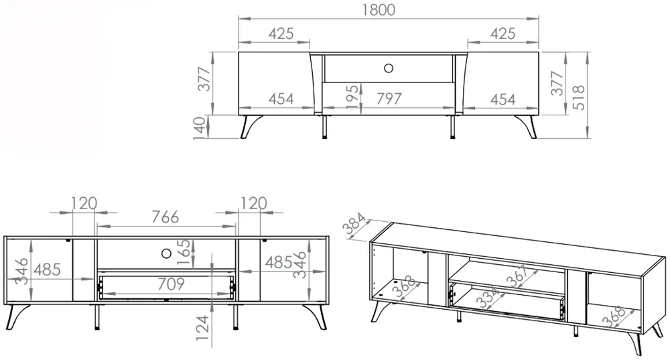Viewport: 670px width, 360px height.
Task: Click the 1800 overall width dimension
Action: click(x=379, y=10)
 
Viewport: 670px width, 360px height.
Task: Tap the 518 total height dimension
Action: click(x=579, y=97)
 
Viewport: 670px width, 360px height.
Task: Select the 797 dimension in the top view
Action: click(x=389, y=99)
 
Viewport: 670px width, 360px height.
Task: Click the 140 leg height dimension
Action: click(x=200, y=128)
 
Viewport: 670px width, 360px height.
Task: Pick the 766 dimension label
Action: click(x=165, y=217)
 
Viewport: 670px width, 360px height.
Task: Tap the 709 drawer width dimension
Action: click(x=171, y=284)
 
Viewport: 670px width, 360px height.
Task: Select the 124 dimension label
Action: click(x=202, y=328)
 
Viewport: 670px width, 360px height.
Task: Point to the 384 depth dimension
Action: click(x=355, y=224)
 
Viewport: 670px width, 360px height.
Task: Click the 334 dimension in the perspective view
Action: click(x=488, y=298)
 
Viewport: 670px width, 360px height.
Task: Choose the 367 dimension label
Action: click(x=517, y=276)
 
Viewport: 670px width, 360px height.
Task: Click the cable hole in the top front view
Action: click(x=389, y=68)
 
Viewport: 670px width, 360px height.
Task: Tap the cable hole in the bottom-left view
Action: click(x=166, y=253)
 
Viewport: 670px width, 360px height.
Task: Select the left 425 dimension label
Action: click(x=281, y=34)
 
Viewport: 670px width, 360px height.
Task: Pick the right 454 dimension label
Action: click(x=503, y=100)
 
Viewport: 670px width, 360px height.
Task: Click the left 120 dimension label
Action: click(x=84, y=203)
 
